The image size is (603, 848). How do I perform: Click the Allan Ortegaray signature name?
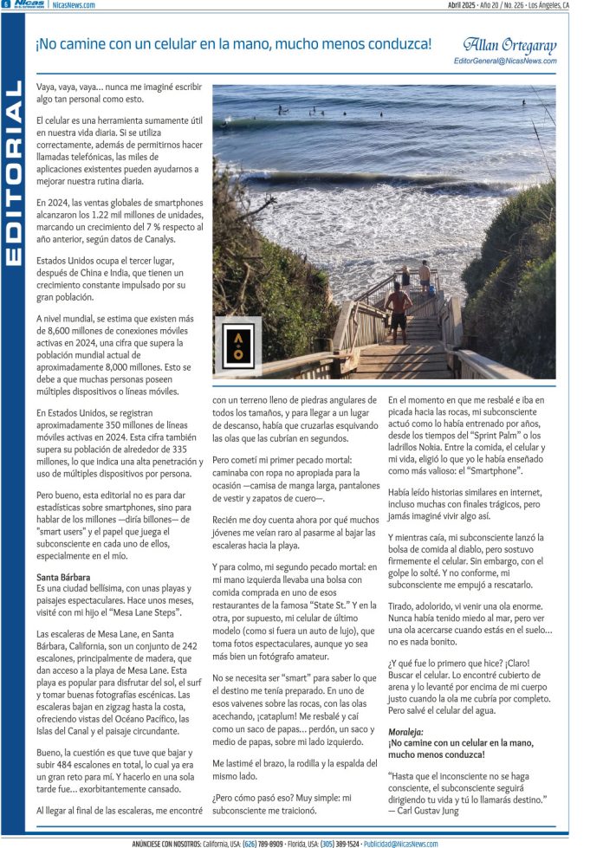[x=509, y=46]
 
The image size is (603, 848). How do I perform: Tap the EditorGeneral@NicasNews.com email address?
[x=505, y=61]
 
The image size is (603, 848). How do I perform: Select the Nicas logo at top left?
[x=28, y=5]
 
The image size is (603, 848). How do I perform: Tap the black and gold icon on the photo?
[x=237, y=345]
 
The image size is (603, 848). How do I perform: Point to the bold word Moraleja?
[x=406, y=732]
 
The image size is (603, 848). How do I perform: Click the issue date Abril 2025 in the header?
[x=464, y=5]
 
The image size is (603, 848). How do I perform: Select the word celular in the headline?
[x=196, y=44]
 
